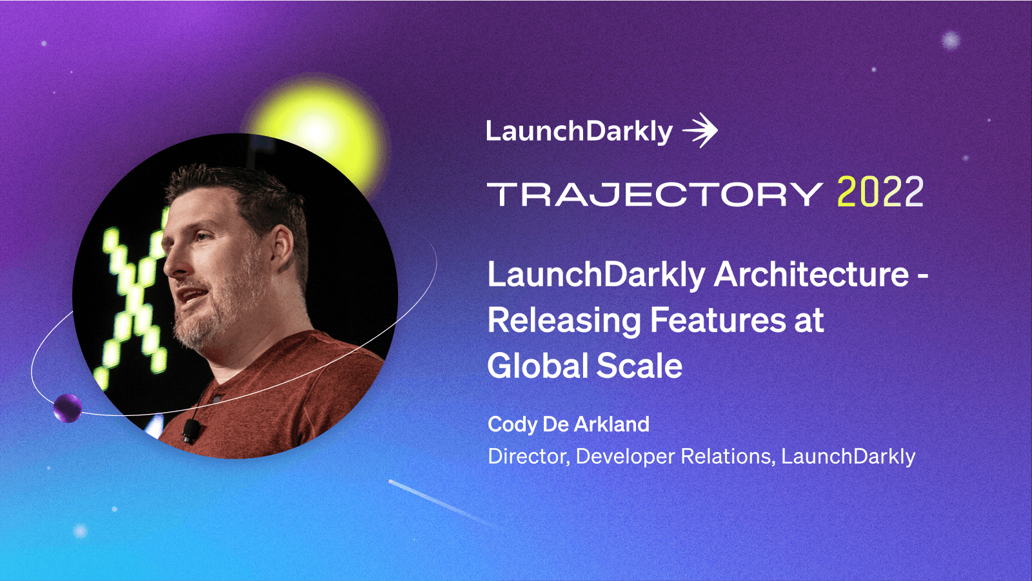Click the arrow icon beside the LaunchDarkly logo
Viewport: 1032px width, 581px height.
pyautogui.click(x=700, y=131)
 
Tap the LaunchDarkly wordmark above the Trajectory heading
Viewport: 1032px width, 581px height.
pyautogui.click(x=579, y=132)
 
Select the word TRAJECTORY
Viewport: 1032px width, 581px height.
pyautogui.click(x=654, y=194)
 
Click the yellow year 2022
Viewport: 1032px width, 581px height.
pyautogui.click(x=880, y=192)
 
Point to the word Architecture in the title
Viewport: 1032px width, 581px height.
pyautogui.click(x=811, y=275)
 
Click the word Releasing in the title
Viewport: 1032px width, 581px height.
pyautogui.click(x=563, y=320)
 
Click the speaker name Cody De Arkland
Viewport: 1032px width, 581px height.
pyautogui.click(x=568, y=424)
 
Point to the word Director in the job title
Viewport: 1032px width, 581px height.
pyautogui.click(x=527, y=457)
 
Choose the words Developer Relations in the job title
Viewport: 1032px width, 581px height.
pyautogui.click(x=673, y=457)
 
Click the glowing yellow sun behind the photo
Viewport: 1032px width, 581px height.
pyautogui.click(x=316, y=126)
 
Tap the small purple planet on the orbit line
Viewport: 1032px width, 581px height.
pyautogui.click(x=67, y=408)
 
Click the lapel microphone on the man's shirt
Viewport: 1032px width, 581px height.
pyautogui.click(x=190, y=431)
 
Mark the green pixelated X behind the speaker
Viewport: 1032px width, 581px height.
pyautogui.click(x=132, y=303)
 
